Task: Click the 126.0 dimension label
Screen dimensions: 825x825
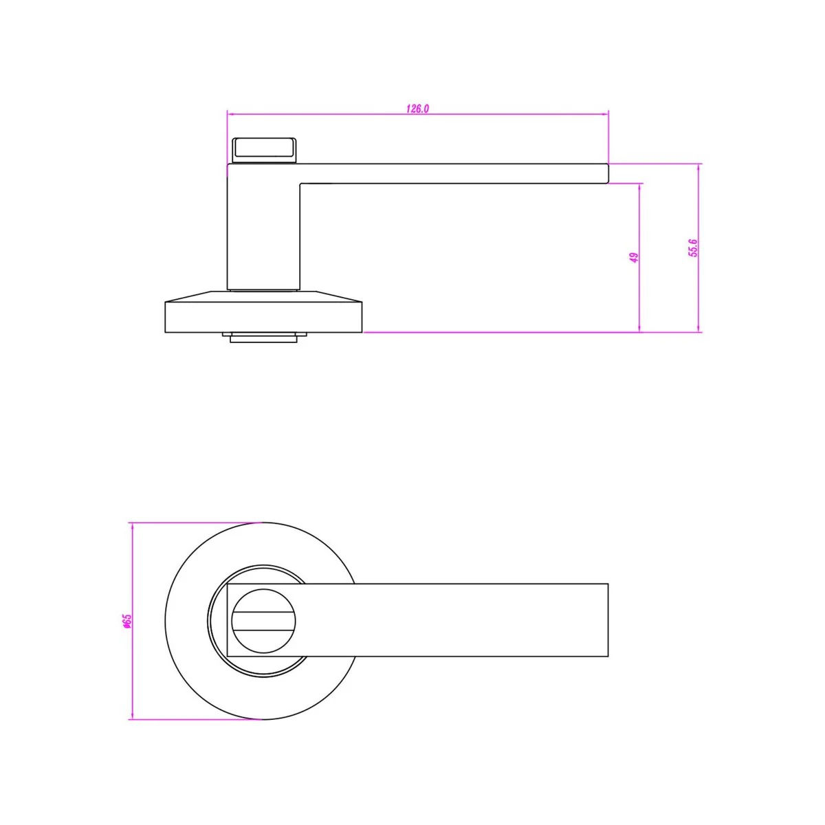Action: [x=417, y=109]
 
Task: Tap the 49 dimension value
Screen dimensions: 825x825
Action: [x=635, y=257]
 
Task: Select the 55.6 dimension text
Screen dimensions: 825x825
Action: [x=693, y=248]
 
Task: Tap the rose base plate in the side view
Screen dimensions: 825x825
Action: [x=263, y=311]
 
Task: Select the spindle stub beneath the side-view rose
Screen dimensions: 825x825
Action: [x=264, y=338]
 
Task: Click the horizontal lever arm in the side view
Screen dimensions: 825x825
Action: [x=454, y=174]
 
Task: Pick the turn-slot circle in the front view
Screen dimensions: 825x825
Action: [x=264, y=621]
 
